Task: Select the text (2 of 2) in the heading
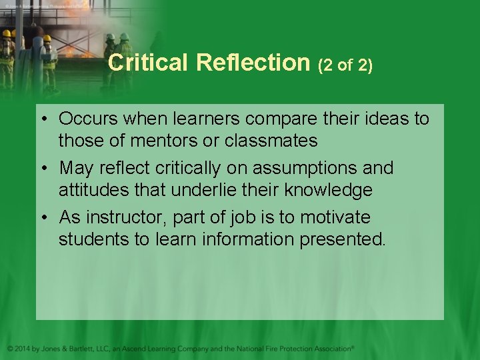click(345, 65)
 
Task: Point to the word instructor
click(129, 217)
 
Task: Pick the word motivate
click(335, 217)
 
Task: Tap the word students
click(95, 239)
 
